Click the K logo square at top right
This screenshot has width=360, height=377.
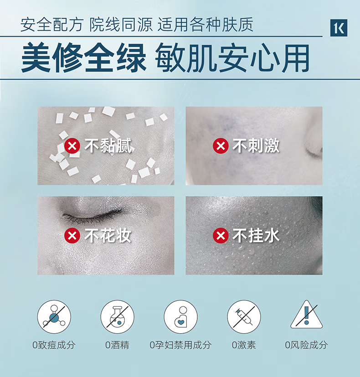pos(339,28)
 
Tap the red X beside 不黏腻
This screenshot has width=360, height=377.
pos(72,146)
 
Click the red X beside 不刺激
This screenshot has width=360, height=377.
pos(221,146)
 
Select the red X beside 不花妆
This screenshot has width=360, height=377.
pos(72,235)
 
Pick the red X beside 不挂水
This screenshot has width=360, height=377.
pos(221,235)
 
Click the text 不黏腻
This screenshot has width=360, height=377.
pos(108,146)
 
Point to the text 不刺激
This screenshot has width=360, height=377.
pos(256,146)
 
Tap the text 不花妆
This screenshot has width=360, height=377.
pos(108,235)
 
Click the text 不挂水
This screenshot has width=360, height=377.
pos(256,235)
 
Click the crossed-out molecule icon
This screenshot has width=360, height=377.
pos(54,317)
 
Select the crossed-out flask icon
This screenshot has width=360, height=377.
pos(117,317)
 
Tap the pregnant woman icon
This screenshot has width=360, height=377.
pos(181,317)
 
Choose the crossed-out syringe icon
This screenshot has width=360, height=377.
pos(244,317)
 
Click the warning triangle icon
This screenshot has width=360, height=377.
pos(306,315)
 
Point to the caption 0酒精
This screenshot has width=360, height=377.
pos(117,345)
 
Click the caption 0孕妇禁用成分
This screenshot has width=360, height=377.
pos(180,345)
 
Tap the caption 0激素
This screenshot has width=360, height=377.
pos(244,345)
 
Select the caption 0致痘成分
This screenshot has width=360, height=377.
pos(54,345)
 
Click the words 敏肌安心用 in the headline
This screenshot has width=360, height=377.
pos(232,58)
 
